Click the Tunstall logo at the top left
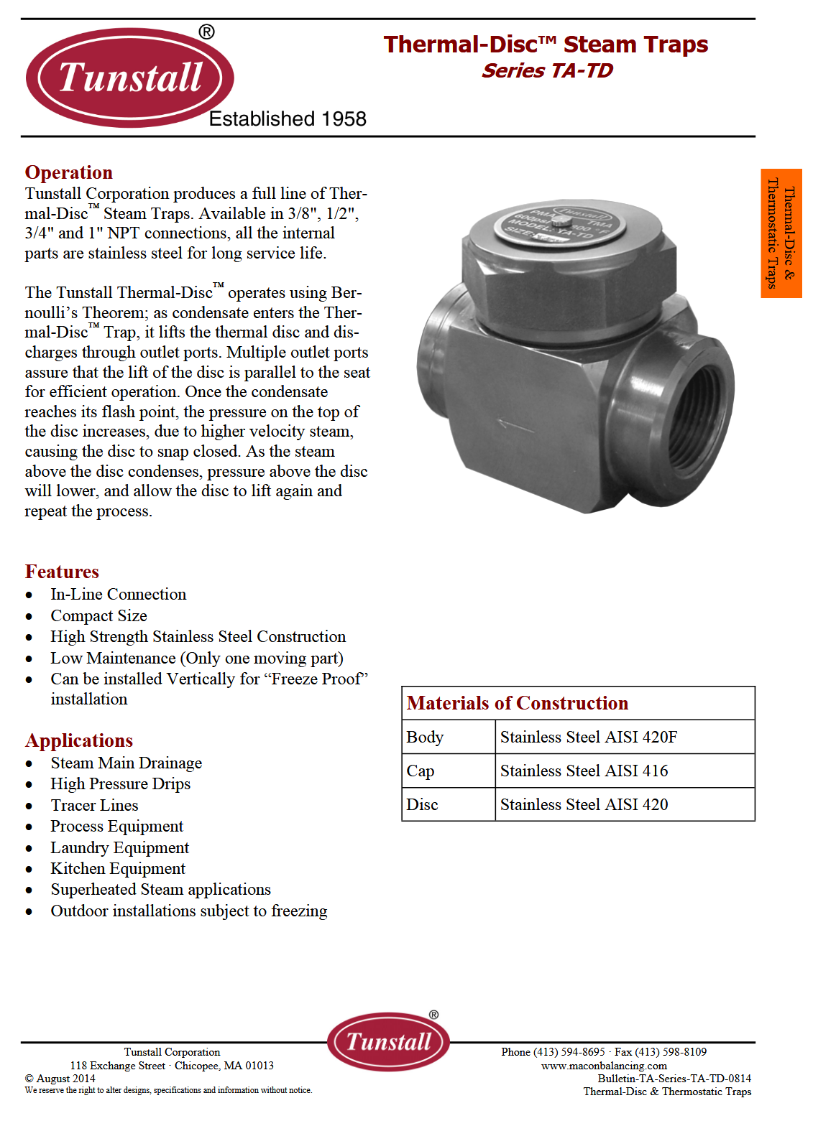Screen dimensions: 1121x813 pos(130,78)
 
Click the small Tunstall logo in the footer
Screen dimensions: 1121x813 pos(389,1041)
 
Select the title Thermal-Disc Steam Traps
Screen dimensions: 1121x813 pos(546,45)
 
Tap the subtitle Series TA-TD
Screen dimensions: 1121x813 pos(547,71)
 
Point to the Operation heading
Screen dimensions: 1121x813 pos(69,172)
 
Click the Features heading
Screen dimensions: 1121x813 pos(62,572)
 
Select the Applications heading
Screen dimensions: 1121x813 pos(79,740)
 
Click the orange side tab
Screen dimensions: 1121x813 pos(781,233)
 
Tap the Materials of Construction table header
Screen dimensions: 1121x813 pos(518,703)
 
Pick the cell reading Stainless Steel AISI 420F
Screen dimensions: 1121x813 pos(589,737)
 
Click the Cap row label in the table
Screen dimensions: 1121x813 pos(421,771)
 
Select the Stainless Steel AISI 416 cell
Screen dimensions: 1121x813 pos(584,771)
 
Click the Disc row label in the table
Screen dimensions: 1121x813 pos(422,805)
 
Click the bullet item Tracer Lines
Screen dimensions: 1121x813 pos(94,806)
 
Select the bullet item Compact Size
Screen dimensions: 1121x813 pos(98,616)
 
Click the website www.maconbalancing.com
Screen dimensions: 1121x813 pos(604,1066)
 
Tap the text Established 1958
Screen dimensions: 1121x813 pos(288,119)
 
